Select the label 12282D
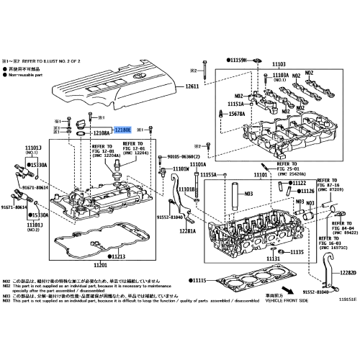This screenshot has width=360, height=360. pyautogui.click(x=348, y=273)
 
